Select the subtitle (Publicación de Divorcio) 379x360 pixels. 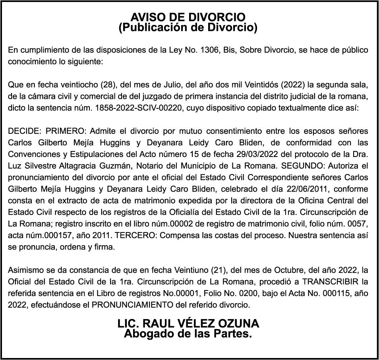pyautogui.click(x=188, y=28)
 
